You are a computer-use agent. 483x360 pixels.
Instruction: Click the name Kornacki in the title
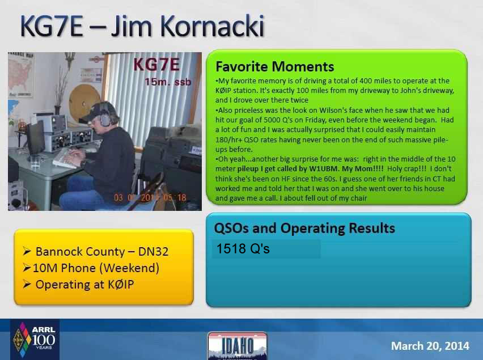tap(212, 26)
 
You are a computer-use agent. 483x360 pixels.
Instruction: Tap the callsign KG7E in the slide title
tap(52, 26)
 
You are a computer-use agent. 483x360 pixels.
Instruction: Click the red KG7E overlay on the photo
tap(156, 65)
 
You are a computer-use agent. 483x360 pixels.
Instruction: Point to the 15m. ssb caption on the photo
tap(168, 82)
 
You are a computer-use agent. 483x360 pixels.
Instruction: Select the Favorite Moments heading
tap(275, 66)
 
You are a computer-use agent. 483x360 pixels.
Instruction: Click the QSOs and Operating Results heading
tap(304, 228)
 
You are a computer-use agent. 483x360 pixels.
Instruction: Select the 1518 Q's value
tap(243, 249)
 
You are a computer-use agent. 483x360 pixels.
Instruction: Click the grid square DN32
tap(153, 252)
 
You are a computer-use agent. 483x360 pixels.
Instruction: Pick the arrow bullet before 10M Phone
tap(27, 268)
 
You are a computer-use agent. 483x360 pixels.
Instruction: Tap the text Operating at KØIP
tap(84, 285)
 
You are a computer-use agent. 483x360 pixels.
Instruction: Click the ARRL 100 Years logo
tap(35, 340)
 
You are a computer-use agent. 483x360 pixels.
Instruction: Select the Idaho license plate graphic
tap(238, 346)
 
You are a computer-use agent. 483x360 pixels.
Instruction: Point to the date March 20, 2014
tap(430, 346)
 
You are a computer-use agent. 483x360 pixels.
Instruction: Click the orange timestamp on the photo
tap(150, 197)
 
